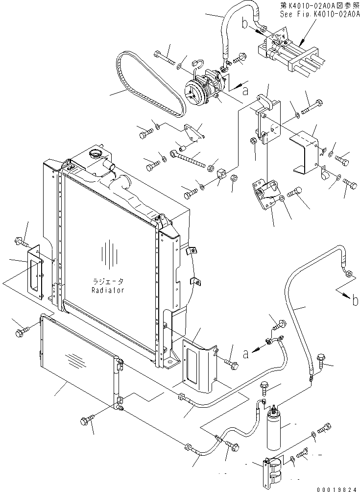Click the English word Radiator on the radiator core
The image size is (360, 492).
108,290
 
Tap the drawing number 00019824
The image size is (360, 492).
338,489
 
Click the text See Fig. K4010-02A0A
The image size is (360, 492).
320,14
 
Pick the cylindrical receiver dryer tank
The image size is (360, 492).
275,430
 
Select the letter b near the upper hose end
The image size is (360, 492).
245,24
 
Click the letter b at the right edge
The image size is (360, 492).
355,301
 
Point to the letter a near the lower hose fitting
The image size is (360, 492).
246,354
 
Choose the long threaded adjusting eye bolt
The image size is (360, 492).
188,159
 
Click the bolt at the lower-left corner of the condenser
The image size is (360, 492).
87,420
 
